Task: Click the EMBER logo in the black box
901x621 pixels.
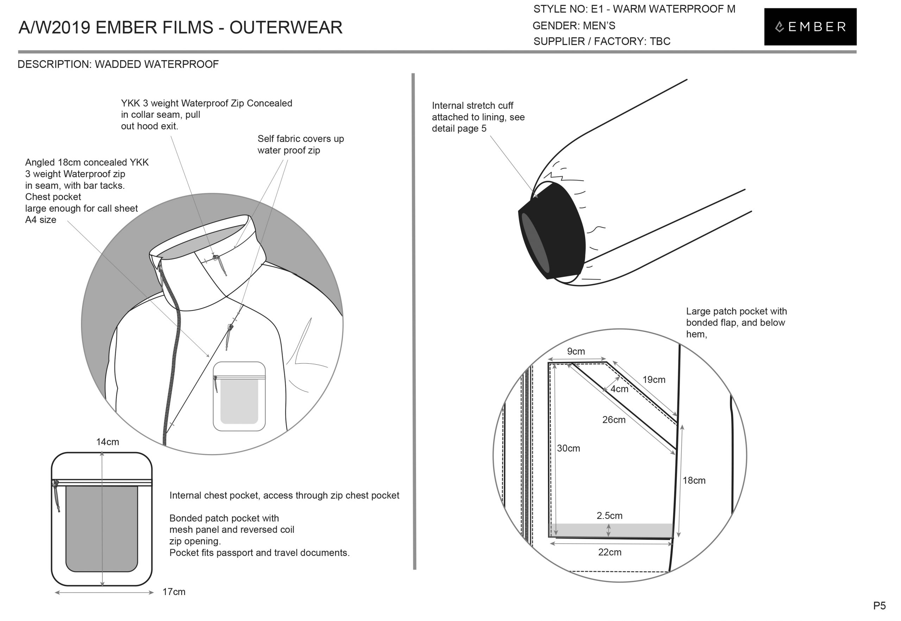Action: click(x=810, y=26)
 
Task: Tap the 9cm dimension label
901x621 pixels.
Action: click(x=576, y=351)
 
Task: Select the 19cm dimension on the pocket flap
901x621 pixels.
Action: click(x=654, y=379)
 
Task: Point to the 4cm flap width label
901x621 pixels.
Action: click(x=619, y=389)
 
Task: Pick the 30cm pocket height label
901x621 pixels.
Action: click(x=568, y=448)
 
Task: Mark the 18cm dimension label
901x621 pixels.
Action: click(x=694, y=480)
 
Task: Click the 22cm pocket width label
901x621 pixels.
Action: click(x=609, y=552)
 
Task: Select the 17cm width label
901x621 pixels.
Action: click(x=174, y=592)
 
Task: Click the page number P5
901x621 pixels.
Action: click(x=879, y=606)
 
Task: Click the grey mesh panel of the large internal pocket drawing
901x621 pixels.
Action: click(x=102, y=529)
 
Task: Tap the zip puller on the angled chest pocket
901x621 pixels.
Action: click(x=230, y=328)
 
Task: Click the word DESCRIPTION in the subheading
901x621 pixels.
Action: click(x=54, y=64)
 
